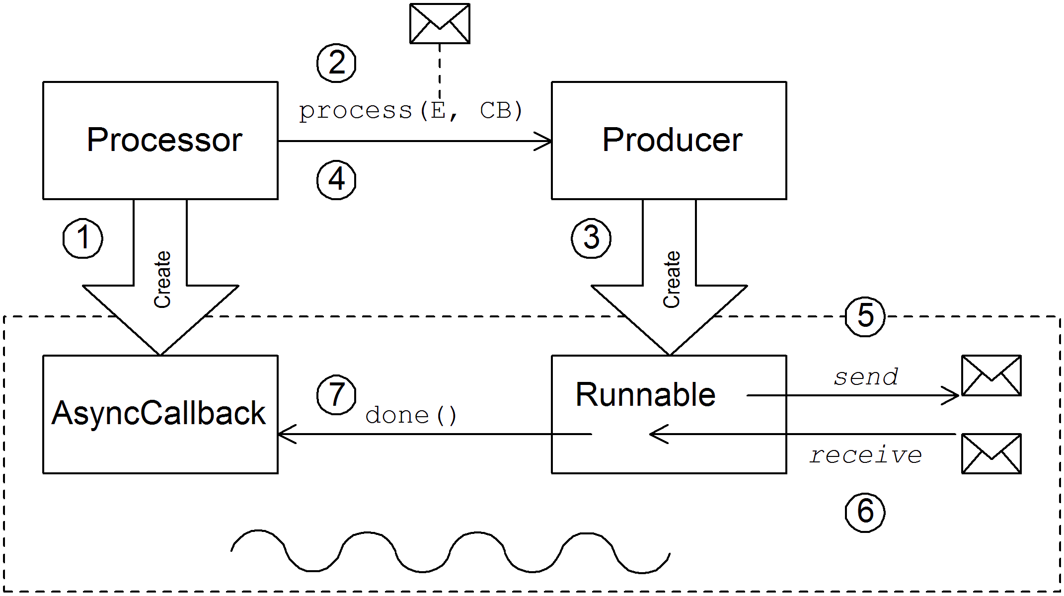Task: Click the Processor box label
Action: [x=164, y=140]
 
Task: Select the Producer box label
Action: [x=672, y=140]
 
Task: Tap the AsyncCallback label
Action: [x=158, y=413]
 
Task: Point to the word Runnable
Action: [x=645, y=395]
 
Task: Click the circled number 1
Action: [x=83, y=238]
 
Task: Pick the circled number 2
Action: [x=337, y=63]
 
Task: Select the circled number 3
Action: [x=591, y=238]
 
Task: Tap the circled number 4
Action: [x=337, y=180]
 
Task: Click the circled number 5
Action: [x=865, y=316]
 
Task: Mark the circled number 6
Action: [x=865, y=512]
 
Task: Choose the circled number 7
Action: [x=337, y=395]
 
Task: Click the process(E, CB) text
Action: [x=410, y=111]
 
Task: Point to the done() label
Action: [x=411, y=416]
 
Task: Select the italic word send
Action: [x=866, y=377]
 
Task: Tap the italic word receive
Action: [x=866, y=455]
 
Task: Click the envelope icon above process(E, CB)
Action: [x=440, y=23]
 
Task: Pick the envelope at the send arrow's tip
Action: [x=991, y=375]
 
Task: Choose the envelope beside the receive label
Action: [x=991, y=454]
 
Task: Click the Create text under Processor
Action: [x=162, y=280]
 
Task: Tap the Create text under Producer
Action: [x=672, y=280]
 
